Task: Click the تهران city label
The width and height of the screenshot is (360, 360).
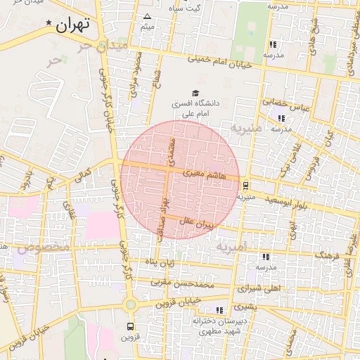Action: coord(72,25)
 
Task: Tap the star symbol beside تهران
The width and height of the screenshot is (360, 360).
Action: coord(49,24)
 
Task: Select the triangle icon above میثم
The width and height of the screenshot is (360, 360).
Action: coord(147,16)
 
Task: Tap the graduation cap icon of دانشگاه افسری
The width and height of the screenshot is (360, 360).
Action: coord(195,92)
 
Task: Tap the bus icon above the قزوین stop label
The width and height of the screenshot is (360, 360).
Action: coord(130,326)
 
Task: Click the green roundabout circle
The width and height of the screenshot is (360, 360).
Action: coord(130,304)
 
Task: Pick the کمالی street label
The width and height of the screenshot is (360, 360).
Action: coord(84,172)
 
